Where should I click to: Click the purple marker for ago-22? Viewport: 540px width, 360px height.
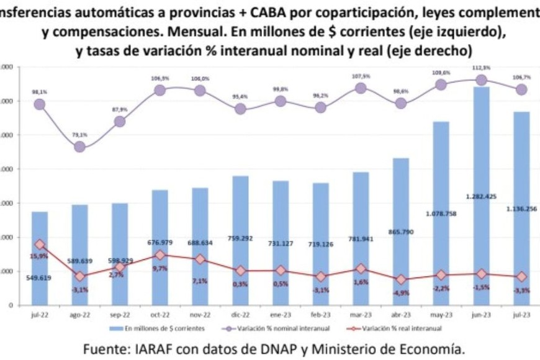click(80, 147)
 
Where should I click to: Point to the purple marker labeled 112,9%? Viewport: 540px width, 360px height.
click(481, 80)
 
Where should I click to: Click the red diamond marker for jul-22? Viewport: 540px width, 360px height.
click(40, 245)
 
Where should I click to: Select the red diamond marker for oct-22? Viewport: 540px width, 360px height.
click(160, 254)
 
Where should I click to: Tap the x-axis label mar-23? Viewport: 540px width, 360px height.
click(361, 315)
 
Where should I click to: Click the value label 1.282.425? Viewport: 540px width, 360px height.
click(481, 196)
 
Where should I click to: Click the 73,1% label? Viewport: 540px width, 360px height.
click(79, 134)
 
